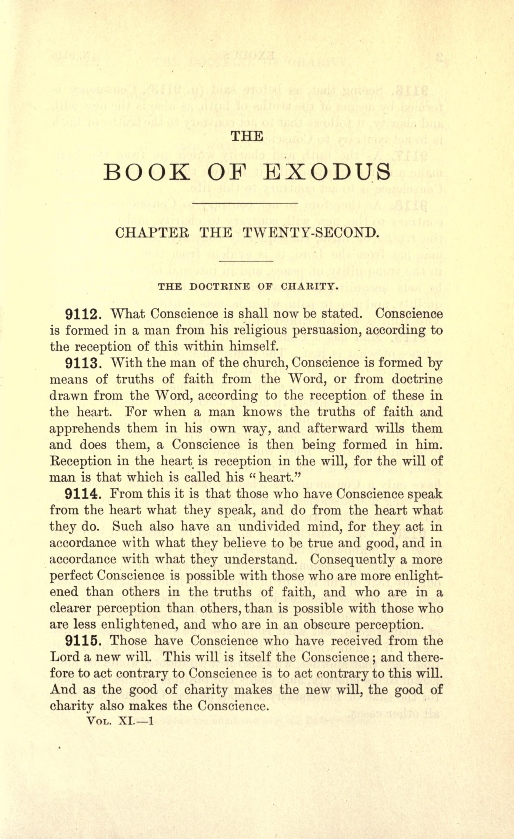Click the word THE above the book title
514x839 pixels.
tap(247, 137)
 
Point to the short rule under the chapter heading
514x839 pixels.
tap(247, 261)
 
